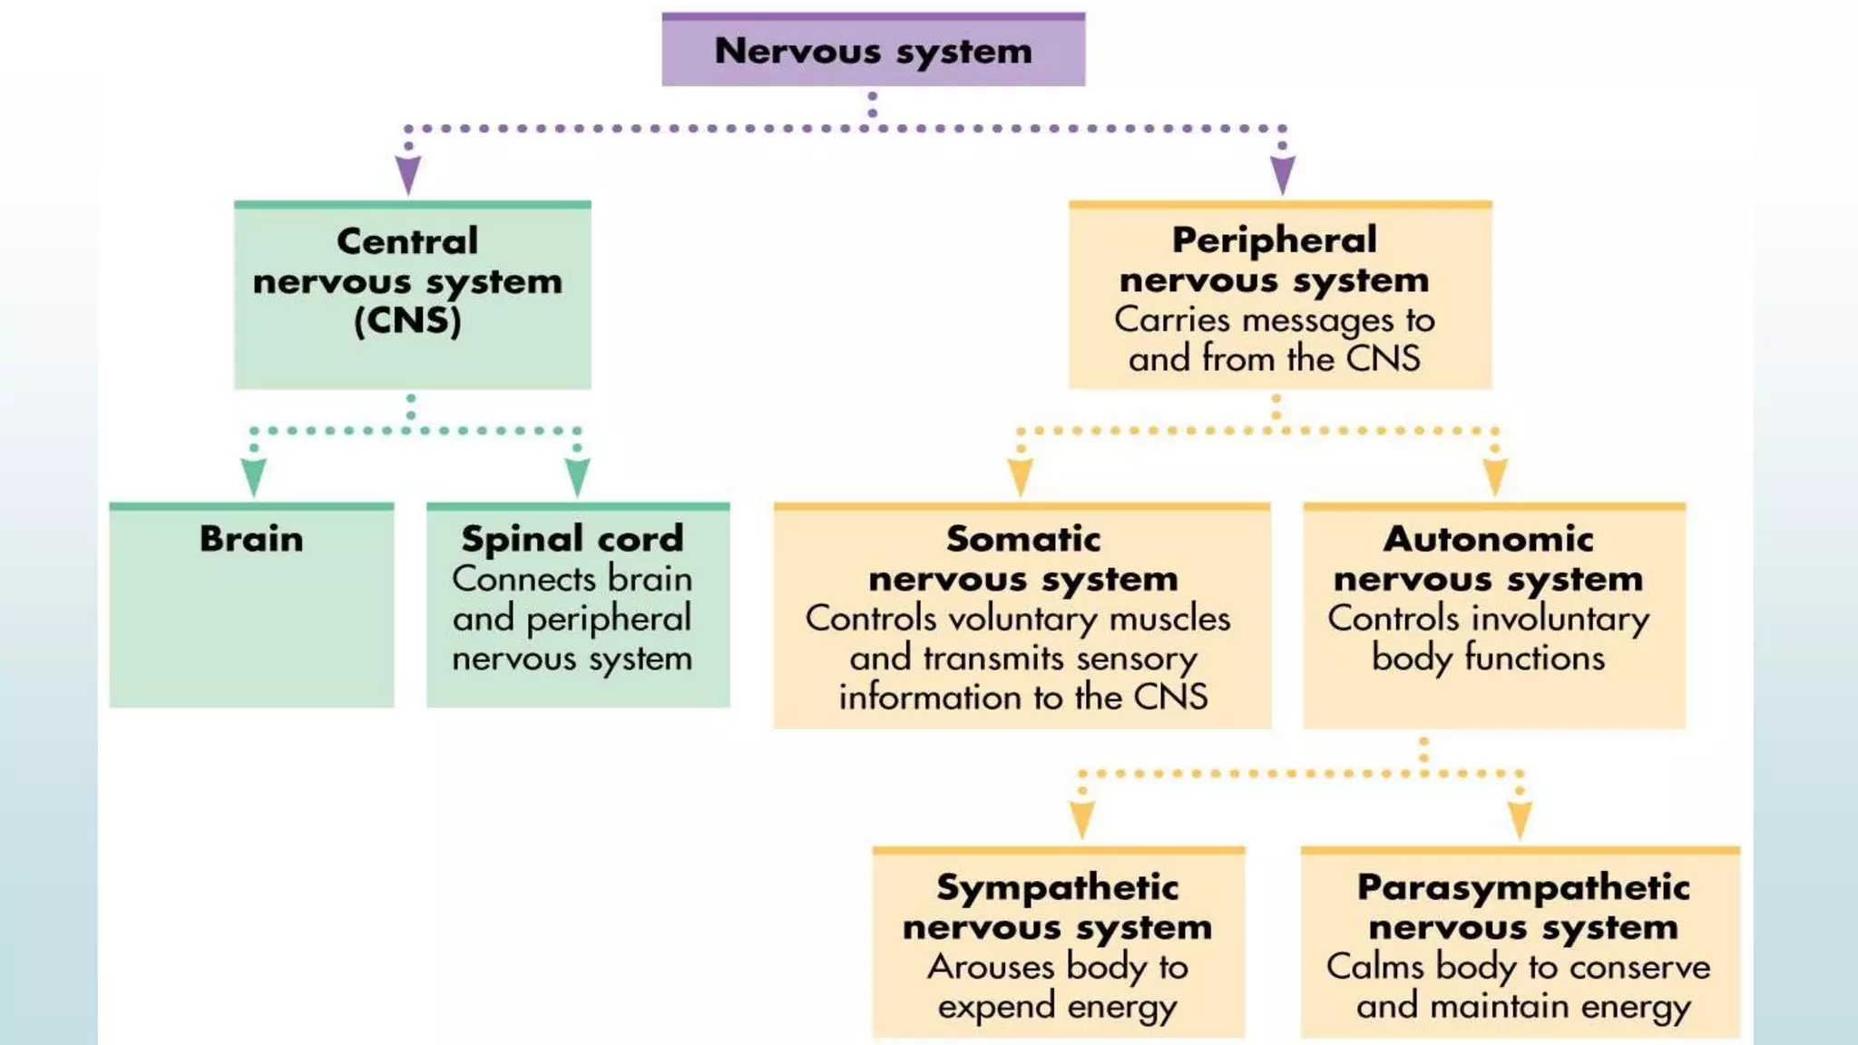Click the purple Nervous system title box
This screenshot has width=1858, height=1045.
(873, 51)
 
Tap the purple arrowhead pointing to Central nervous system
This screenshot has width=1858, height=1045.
(408, 173)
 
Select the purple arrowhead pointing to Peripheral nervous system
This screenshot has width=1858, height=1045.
(1282, 173)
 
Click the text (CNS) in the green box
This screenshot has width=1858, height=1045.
(407, 320)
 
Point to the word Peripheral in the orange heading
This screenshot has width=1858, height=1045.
(1274, 240)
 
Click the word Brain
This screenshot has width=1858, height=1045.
(251, 539)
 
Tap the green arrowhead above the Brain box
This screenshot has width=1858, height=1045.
(254, 475)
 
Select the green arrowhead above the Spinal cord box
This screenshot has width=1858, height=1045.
(577, 475)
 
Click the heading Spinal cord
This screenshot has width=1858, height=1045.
(572, 539)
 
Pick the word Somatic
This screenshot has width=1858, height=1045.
(1022, 539)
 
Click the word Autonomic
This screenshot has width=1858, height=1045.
(1488, 539)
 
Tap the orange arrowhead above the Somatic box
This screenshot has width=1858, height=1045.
(1021, 475)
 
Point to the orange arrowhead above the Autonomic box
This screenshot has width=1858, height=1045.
(1495, 475)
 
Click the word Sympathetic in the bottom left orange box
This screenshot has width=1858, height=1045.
(1057, 887)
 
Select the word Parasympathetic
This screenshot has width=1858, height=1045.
(1522, 887)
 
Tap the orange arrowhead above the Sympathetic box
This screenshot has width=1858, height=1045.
(1081, 819)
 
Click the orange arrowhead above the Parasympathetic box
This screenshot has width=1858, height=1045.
(1521, 819)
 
